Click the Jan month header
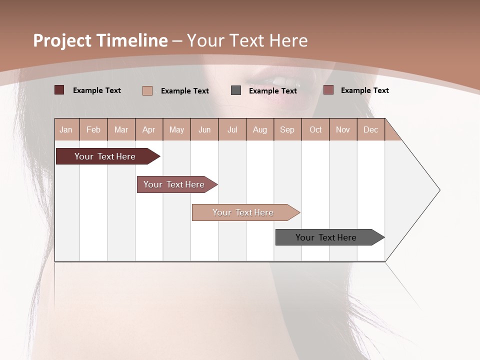pyautogui.click(x=66, y=129)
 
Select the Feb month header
pyautogui.click(x=93, y=129)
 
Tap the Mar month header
pyautogui.click(x=121, y=129)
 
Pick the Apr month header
pyautogui.click(x=149, y=129)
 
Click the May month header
pyautogui.click(x=176, y=129)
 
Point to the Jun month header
pyautogui.click(x=204, y=129)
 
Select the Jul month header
pyautogui.click(x=232, y=129)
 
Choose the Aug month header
pyautogui.click(x=260, y=129)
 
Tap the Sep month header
pyautogui.click(x=287, y=129)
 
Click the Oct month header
pyautogui.click(x=315, y=129)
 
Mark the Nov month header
pyautogui.click(x=343, y=129)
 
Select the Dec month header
pyautogui.click(x=371, y=129)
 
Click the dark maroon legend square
pyautogui.click(x=59, y=90)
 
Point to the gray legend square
pyautogui.click(x=236, y=90)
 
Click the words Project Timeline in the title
pyautogui.click(x=100, y=40)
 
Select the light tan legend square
pyautogui.click(x=147, y=90)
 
